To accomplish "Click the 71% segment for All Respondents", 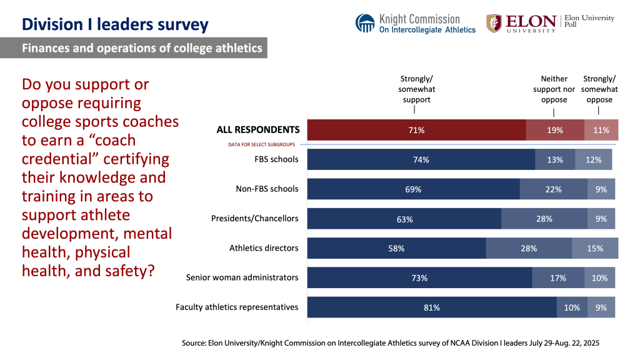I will [x=416, y=130].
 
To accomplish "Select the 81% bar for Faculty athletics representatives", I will [x=432, y=307].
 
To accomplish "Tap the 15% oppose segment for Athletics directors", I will [x=594, y=248].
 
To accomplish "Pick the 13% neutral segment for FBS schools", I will [x=554, y=159].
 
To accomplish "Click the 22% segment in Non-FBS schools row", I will [x=553, y=189].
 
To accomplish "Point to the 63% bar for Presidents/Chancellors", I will [x=404, y=219].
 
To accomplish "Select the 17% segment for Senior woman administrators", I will [x=557, y=278].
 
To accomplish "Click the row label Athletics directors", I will [x=264, y=248].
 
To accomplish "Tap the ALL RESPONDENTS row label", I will [x=258, y=130].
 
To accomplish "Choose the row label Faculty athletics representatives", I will [x=237, y=307].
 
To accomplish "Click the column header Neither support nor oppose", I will [x=554, y=89].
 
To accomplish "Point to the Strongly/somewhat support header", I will [x=416, y=89].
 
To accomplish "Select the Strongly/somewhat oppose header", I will [x=599, y=89].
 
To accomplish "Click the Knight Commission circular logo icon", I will [x=365, y=23].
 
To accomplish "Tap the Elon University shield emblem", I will [x=494, y=24].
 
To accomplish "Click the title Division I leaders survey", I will [x=115, y=24].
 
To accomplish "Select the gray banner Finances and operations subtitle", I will [x=142, y=48].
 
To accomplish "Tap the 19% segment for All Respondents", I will [x=554, y=130].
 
